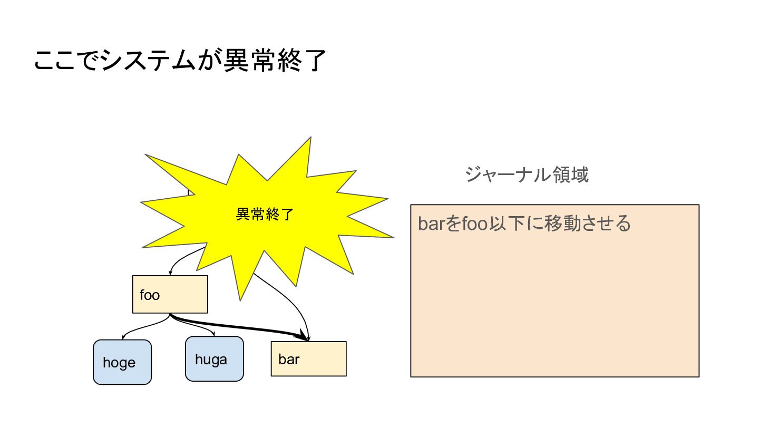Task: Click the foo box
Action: tap(170, 294)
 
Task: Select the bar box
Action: tap(308, 358)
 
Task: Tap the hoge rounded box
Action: tap(122, 362)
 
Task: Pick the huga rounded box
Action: tap(215, 358)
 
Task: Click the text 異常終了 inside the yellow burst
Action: tap(264, 215)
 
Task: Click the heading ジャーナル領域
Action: tap(527, 174)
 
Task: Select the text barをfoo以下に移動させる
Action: tap(524, 224)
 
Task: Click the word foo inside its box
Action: tap(150, 295)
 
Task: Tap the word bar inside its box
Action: tap(289, 360)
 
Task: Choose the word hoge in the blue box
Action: tap(119, 363)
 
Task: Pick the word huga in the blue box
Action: tap(211, 360)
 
